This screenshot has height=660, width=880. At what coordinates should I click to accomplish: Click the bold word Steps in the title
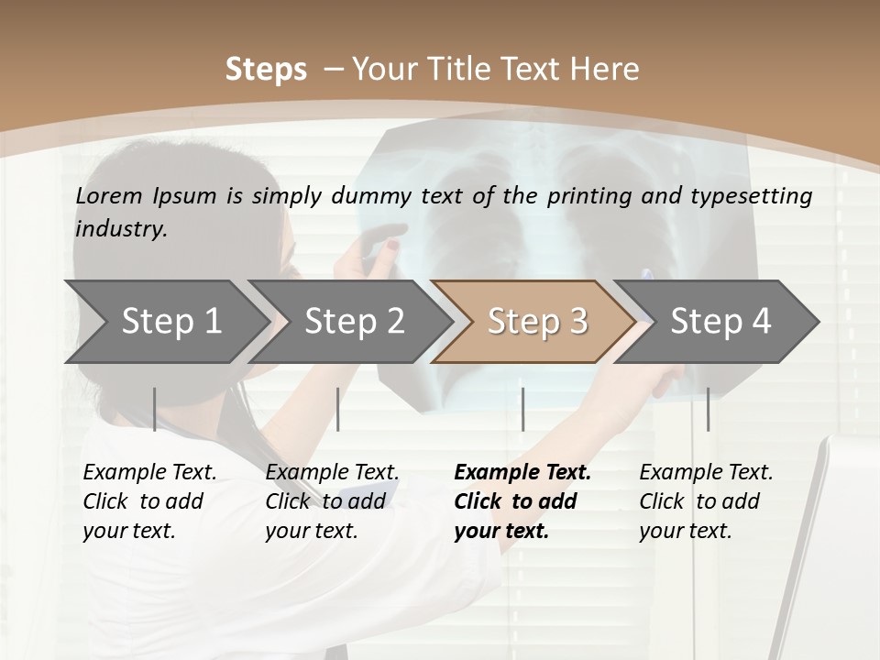266,70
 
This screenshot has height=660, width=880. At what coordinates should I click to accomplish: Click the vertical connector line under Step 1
155,409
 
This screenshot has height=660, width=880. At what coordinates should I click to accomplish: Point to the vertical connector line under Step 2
338,409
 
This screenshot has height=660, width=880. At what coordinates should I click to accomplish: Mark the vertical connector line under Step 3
522,409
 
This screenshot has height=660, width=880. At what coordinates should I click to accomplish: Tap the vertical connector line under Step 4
708,409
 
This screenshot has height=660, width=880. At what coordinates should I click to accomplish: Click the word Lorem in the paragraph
109,195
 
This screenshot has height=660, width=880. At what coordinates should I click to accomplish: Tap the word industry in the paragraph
121,228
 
